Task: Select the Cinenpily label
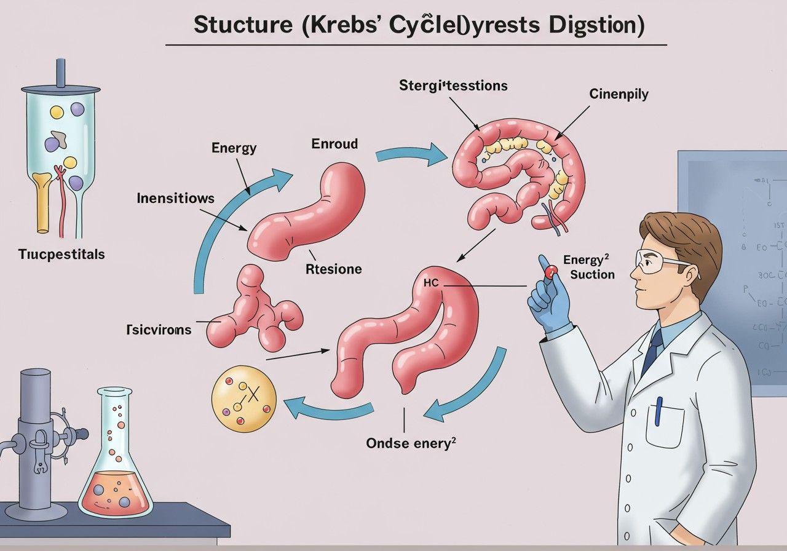619,94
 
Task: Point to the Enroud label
334,144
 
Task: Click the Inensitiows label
176,198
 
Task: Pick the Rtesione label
333,269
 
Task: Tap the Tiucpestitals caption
61,254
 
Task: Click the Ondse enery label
411,443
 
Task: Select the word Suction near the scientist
592,274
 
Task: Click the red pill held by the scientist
550,269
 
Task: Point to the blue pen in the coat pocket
658,411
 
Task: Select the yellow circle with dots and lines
243,399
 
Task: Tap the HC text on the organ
432,283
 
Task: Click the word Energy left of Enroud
234,148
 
